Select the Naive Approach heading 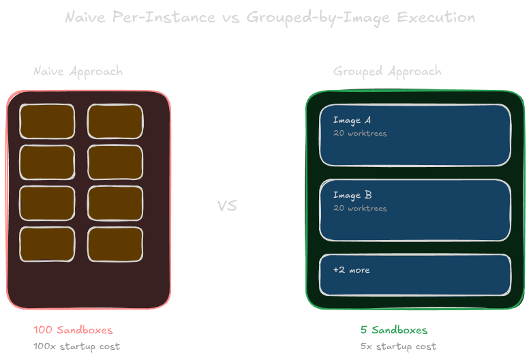[x=78, y=71]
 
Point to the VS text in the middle [x=227, y=205]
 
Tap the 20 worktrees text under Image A [x=360, y=134]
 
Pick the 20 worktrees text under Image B [x=360, y=209]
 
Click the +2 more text [x=352, y=270]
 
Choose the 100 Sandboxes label [x=73, y=330]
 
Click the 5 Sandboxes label [x=394, y=330]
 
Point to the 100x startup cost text [x=76, y=346]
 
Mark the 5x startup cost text [x=398, y=346]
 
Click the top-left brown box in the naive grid [x=47, y=121]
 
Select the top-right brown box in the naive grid [x=115, y=121]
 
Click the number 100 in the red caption [x=43, y=330]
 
